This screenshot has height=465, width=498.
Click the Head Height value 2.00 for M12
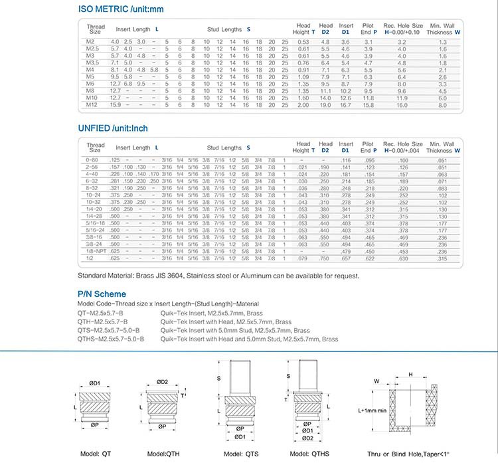pos(303,105)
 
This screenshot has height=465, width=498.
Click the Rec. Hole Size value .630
pos(402,259)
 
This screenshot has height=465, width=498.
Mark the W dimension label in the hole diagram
pos(376,381)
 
